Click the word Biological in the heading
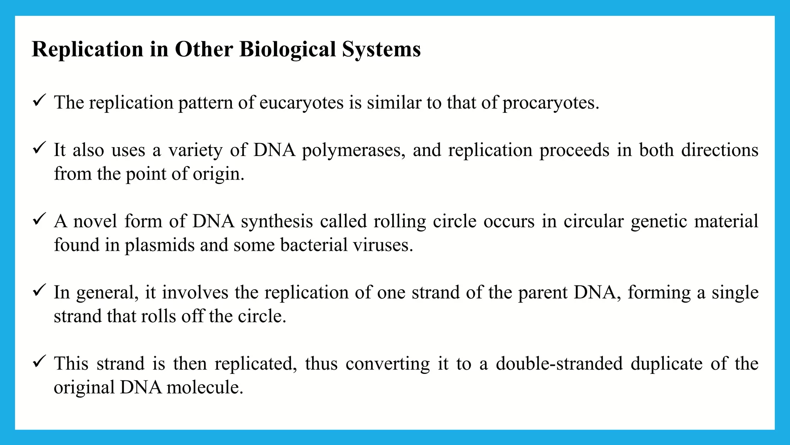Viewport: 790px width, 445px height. pos(287,49)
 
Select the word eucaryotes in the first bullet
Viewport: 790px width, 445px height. pos(301,103)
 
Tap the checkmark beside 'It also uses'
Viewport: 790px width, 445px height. pos(40,148)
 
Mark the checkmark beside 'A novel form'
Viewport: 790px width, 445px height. pos(40,219)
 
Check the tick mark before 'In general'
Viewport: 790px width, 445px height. pos(40,290)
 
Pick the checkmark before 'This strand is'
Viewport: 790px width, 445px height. pos(40,362)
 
